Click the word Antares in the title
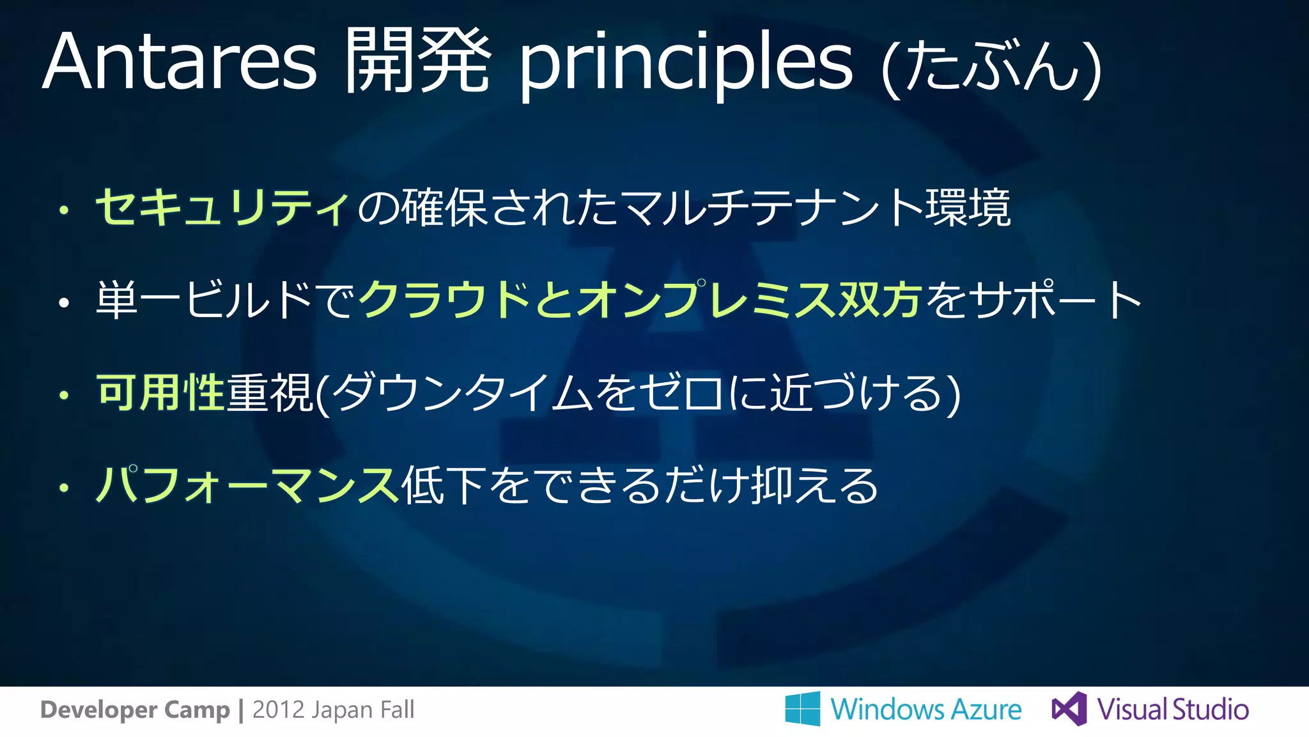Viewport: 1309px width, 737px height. pyautogui.click(x=180, y=62)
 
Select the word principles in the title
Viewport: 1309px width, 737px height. pyautogui.click(x=685, y=64)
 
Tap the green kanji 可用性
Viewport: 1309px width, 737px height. pyautogui.click(x=160, y=392)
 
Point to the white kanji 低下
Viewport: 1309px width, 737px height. pyautogui.click(x=442, y=485)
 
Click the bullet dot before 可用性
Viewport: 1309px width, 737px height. pyautogui.click(x=63, y=395)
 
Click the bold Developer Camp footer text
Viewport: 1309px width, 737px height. pyautogui.click(x=134, y=710)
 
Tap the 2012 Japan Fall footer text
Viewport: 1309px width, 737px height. pyautogui.click(x=333, y=710)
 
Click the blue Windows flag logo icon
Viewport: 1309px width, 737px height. pyautogui.click(x=803, y=708)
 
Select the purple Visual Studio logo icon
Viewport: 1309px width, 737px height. pyautogui.click(x=1069, y=708)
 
